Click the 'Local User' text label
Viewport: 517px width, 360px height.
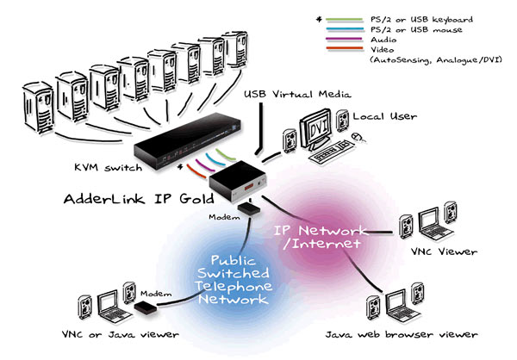point(377,115)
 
